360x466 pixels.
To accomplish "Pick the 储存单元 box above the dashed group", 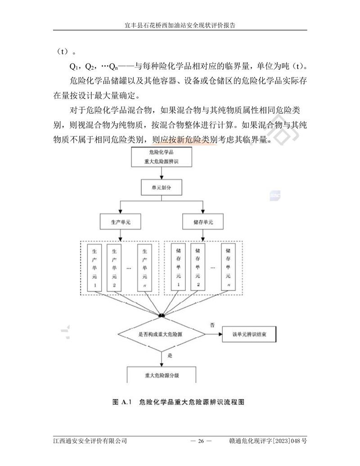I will [x=203, y=223].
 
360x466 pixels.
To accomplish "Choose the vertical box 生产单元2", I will [x=114, y=267].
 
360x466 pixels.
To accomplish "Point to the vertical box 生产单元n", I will [x=144, y=267].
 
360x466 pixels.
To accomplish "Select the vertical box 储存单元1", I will [x=179, y=267].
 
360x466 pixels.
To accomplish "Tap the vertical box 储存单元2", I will [x=198, y=267].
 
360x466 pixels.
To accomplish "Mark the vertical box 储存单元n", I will [x=229, y=267].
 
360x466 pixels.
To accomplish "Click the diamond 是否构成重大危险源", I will [x=162, y=334].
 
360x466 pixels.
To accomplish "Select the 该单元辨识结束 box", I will [x=249, y=335].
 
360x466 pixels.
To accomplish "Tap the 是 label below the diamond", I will [x=170, y=355].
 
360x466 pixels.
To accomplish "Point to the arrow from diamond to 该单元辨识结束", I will [x=213, y=335].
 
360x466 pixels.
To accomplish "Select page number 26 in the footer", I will [x=201, y=441].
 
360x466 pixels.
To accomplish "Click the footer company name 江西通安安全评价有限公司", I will [x=90, y=441].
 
